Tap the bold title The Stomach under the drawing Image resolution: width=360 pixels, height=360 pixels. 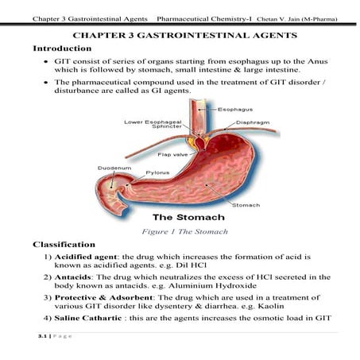tap(188, 216)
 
